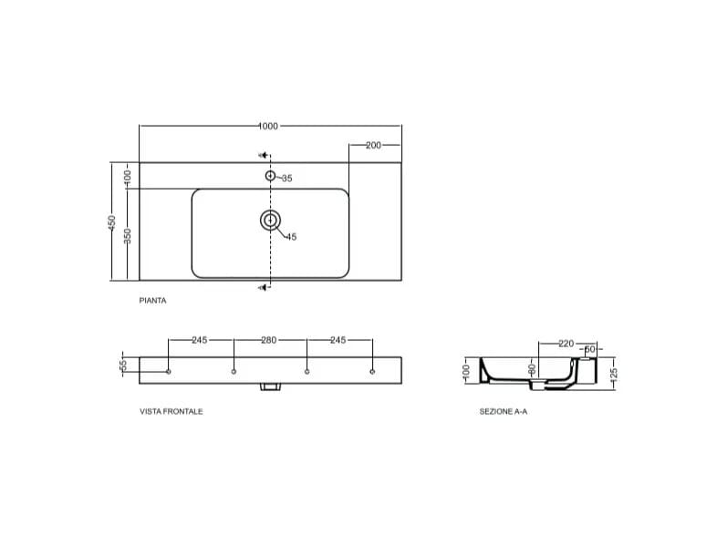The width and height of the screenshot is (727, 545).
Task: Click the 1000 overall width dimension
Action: pos(267,126)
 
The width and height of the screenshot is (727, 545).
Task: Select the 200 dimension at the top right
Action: pos(373,145)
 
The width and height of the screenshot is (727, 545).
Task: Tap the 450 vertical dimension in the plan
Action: pos(112,222)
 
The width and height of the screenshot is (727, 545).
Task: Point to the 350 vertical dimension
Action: pos(129,235)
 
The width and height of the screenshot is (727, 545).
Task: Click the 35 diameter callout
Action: pos(286,179)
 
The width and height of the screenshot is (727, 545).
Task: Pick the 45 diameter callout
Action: pos(291,237)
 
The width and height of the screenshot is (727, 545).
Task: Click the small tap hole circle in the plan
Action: pos(270,175)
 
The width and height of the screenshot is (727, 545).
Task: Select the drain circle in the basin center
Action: pos(270,220)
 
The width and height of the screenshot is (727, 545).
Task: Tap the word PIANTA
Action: pos(152,299)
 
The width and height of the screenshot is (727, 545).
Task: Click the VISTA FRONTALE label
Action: pos(171,411)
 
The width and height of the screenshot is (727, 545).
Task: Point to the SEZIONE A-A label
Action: pos(504,411)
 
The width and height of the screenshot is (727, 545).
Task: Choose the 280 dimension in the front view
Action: pos(268,340)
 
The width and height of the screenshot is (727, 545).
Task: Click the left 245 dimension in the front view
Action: pos(200,340)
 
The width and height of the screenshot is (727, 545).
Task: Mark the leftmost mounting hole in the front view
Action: pos(169,371)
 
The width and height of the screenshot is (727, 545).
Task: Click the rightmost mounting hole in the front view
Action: pos(372,371)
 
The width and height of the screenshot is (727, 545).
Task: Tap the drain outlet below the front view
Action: pos(270,387)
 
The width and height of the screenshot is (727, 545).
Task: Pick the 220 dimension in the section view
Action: pos(566,344)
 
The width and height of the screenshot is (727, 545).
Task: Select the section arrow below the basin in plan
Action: pos(263,288)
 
